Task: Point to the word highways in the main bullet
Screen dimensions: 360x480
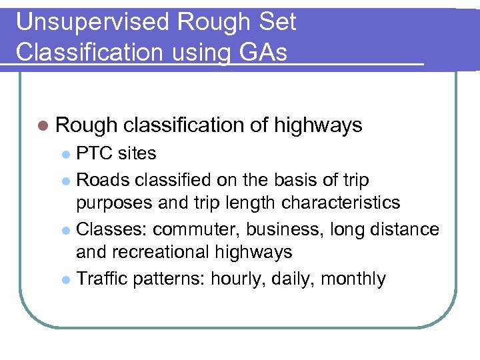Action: [318, 125]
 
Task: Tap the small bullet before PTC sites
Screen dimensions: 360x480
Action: [65, 155]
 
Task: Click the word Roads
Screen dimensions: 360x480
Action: [103, 180]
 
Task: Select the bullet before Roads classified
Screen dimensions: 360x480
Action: [65, 181]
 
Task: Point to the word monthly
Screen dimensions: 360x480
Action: [353, 279]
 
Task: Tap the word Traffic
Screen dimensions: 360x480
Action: [103, 278]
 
